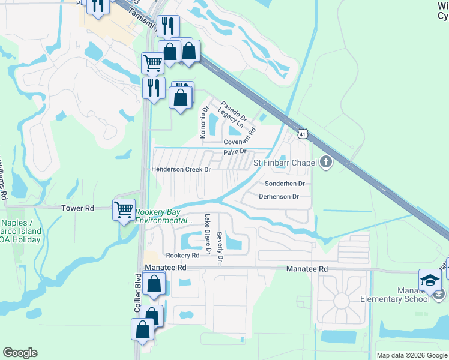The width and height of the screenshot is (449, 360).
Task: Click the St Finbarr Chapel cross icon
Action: coord(326,162)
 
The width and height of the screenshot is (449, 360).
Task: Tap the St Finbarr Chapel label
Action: coord(285,163)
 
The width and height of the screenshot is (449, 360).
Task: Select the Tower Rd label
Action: coord(78,208)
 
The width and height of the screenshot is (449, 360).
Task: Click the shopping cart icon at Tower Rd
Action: coord(124,210)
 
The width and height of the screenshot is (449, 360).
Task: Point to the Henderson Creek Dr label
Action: coord(181,170)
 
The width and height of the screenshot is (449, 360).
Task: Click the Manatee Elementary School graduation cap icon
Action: coord(429,279)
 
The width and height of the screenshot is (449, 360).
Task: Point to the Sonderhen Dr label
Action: coord(285,183)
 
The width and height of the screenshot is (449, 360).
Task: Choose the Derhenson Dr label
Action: coord(279,196)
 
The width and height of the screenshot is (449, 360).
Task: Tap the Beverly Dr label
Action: coord(220,248)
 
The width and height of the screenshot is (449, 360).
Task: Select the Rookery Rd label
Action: coord(182,256)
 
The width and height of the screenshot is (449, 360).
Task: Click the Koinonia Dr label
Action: coord(205,121)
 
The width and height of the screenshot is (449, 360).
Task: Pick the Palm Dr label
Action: coord(235,151)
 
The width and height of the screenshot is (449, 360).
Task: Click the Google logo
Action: coord(20,353)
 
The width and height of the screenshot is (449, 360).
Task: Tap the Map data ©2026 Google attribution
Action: coord(411,355)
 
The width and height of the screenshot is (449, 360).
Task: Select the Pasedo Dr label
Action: coord(230,110)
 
